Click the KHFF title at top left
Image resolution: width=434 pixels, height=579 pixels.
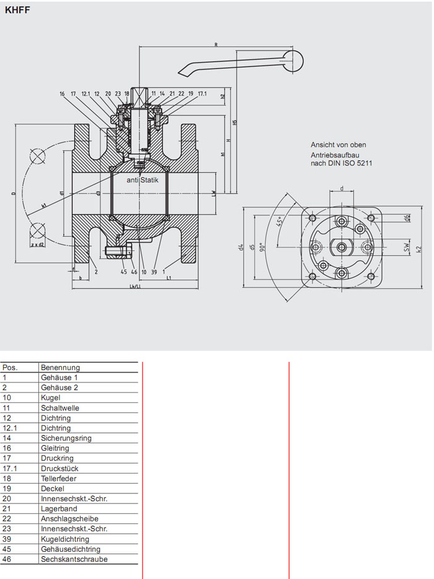(17, 10)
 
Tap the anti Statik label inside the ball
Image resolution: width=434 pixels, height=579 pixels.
(143, 180)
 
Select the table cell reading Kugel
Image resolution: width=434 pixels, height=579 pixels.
(50, 397)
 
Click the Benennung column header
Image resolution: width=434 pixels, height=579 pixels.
(60, 367)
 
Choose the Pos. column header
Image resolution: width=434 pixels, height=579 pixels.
(11, 367)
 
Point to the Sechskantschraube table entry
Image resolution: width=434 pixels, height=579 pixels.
(74, 559)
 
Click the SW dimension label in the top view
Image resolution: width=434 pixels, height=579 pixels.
(406, 247)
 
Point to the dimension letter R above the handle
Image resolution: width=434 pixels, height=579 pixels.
(216, 45)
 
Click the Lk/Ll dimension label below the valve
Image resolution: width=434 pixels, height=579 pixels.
(135, 286)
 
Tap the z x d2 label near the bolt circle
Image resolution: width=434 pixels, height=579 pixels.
(38, 245)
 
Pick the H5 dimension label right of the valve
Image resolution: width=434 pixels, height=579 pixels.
(234, 122)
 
